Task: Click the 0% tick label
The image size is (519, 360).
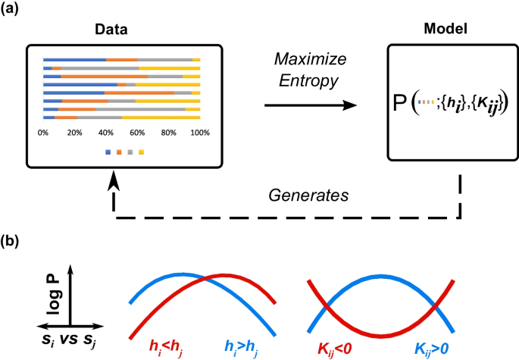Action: point(43,133)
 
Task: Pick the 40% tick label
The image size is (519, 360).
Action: point(106,133)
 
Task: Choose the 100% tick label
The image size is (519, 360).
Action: point(199,133)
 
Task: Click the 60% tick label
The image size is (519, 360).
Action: point(137,133)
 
